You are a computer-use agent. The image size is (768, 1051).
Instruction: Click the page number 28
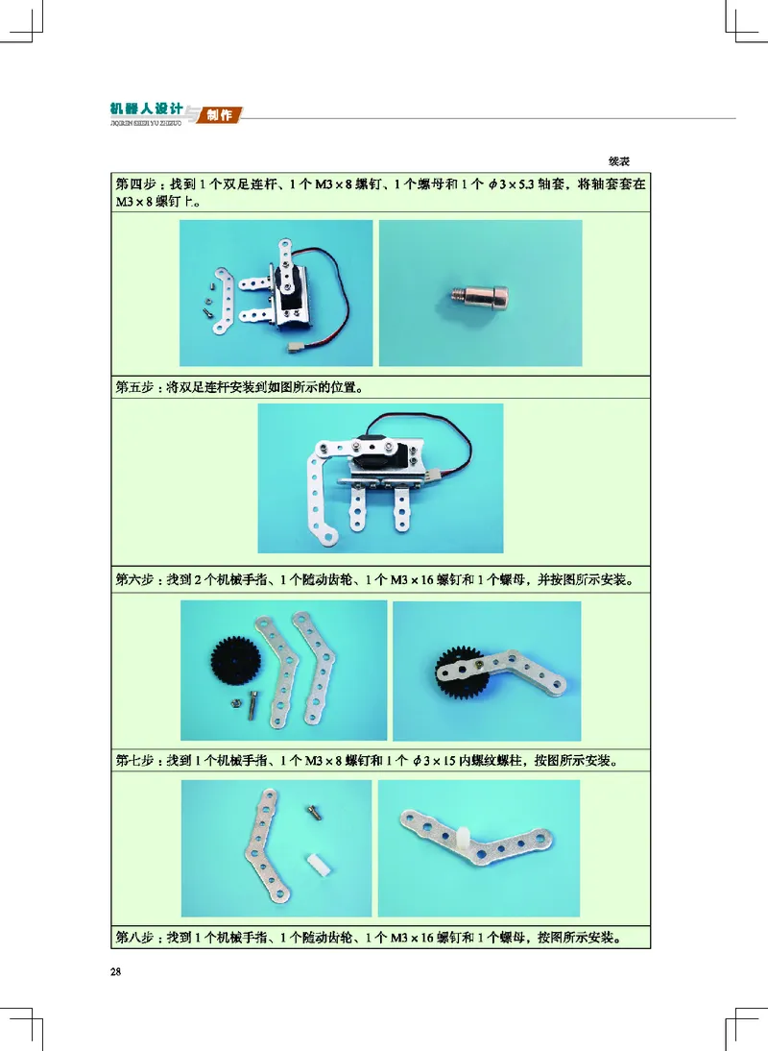click(x=116, y=971)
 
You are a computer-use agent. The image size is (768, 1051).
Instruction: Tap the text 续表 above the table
click(x=619, y=161)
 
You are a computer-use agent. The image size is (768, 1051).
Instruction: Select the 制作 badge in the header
click(x=220, y=115)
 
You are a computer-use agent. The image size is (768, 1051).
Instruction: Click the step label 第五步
click(x=135, y=388)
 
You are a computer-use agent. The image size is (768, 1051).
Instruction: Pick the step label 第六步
click(x=135, y=580)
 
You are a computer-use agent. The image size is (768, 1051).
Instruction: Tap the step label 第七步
click(x=135, y=761)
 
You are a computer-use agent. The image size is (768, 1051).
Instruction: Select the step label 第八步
click(x=135, y=936)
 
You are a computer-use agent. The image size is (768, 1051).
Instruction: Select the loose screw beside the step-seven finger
click(x=313, y=813)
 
